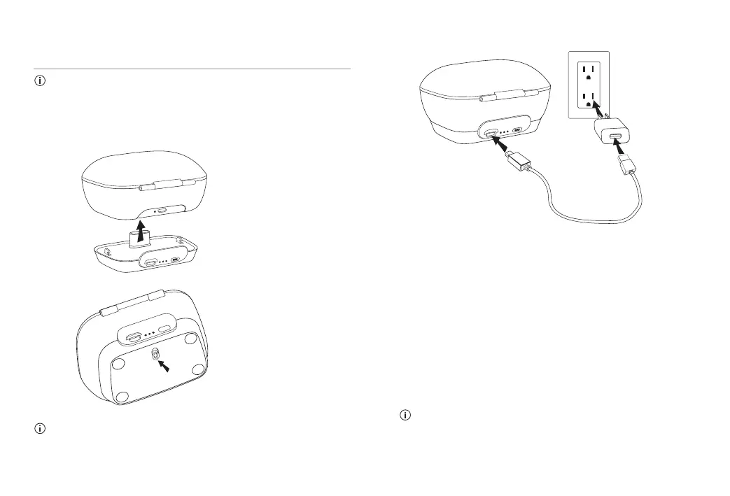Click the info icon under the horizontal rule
(40, 80)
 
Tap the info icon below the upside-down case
(40, 428)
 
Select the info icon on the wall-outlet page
(404, 416)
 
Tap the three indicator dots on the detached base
(164, 264)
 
